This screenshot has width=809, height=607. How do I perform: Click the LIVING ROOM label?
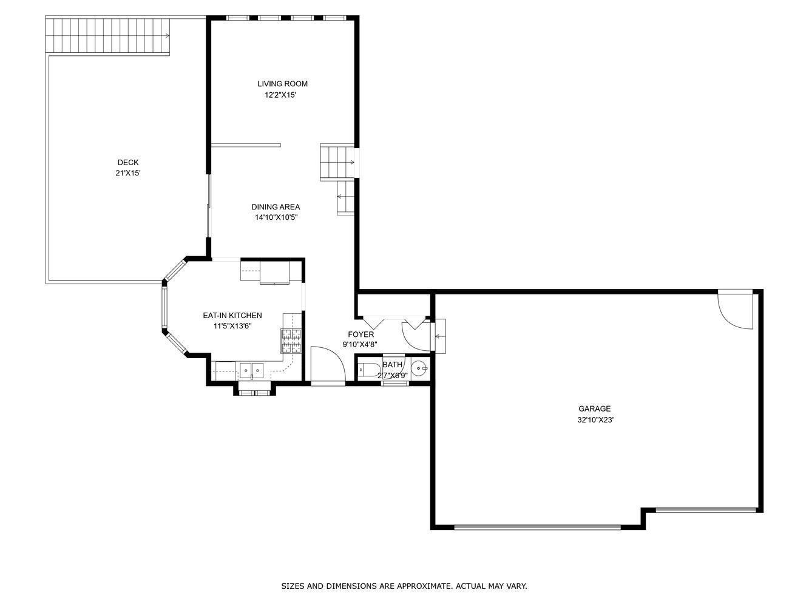tap(282, 84)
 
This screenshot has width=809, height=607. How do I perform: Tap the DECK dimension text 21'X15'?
tap(128, 173)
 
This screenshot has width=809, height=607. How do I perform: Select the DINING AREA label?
tap(276, 207)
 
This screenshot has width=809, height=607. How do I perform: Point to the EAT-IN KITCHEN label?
tap(232, 315)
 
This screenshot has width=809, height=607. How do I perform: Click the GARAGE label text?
tap(595, 409)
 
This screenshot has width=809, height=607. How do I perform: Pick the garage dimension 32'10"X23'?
tap(595, 419)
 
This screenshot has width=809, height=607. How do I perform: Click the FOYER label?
tap(361, 334)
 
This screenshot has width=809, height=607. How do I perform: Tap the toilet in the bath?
tap(370, 368)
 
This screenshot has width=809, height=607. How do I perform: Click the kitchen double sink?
tap(252, 370)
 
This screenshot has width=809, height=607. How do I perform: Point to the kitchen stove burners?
tap(291, 341)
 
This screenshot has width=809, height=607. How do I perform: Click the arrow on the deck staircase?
tap(168, 36)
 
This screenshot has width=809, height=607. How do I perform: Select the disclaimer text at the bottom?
tap(404, 586)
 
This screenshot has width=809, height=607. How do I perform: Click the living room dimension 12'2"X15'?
tap(280, 95)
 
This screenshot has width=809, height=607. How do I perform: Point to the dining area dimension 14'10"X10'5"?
tap(276, 217)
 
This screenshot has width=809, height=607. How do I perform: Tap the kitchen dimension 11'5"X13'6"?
tap(232, 326)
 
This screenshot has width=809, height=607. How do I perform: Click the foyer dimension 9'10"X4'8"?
tap(360, 345)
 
